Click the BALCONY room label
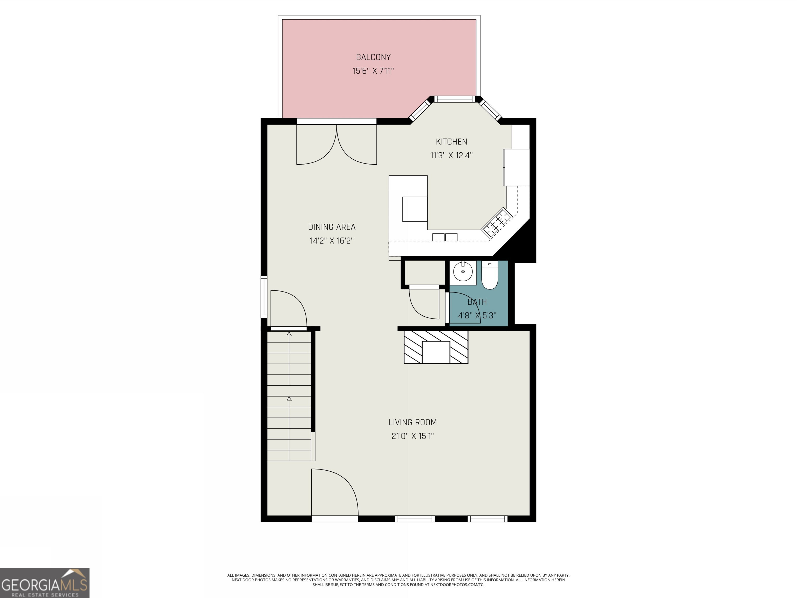pyautogui.click(x=373, y=57)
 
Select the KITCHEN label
pyautogui.click(x=451, y=142)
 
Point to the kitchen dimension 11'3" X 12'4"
pyautogui.click(x=451, y=155)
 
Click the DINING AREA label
pyautogui.click(x=332, y=227)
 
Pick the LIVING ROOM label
pyautogui.click(x=413, y=422)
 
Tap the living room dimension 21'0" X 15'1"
pyautogui.click(x=413, y=436)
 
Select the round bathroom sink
pyautogui.click(x=463, y=272)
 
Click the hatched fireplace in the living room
pyautogui.click(x=436, y=347)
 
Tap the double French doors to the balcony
pyautogui.click(x=336, y=144)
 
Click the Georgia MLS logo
pyautogui.click(x=44, y=583)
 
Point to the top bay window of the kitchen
pyautogui.click(x=455, y=99)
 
